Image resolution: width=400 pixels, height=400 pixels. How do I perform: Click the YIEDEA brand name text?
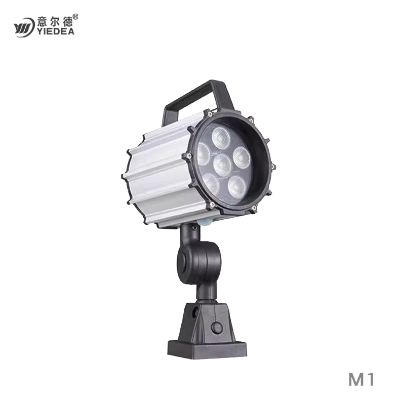coord(56,31)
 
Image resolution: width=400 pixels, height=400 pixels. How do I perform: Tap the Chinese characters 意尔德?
coord(55,21)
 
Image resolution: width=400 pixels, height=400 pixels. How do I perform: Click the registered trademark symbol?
coord(76,17)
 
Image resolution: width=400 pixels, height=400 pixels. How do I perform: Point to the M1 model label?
coord(361,379)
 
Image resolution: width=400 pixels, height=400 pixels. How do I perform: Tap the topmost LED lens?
coord(221,137)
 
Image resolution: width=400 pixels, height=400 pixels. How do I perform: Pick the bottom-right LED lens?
coord(236,185)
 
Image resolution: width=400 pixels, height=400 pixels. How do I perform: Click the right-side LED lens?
coord(242,157)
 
